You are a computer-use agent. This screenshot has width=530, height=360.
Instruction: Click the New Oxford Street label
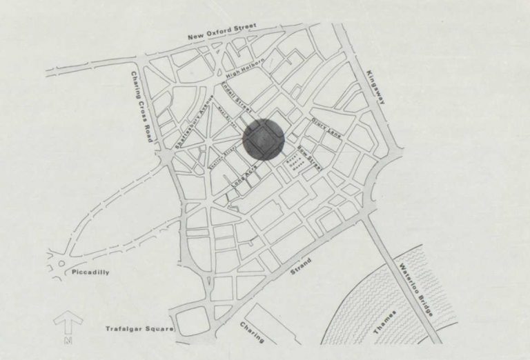click(224, 32)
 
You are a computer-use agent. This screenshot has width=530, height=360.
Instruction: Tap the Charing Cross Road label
click(141, 108)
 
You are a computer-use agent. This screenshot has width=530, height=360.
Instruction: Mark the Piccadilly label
click(90, 272)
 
